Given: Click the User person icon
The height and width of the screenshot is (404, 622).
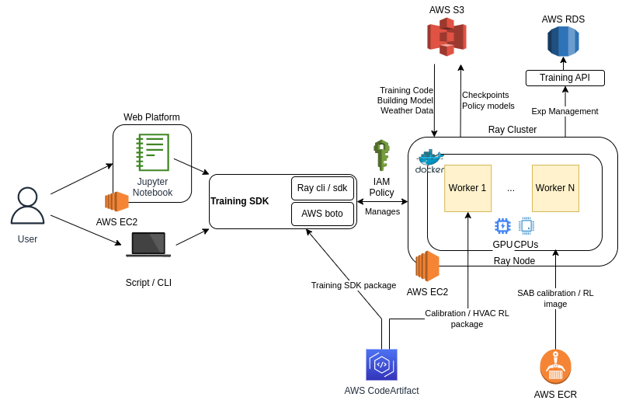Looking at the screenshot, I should pos(27,205).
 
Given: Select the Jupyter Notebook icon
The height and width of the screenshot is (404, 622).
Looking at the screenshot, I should pos(152,152).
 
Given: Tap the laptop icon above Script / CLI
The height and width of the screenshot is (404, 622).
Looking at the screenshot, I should pos(148,244).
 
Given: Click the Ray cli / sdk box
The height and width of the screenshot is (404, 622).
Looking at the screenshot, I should pos(322,188).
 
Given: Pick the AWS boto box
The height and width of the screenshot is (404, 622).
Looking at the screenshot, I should pos(322,214).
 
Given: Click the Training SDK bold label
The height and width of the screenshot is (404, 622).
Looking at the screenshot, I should pos(240,201).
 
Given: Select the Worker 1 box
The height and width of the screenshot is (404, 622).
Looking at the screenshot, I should pos(467,188).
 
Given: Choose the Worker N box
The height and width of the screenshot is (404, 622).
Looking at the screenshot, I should pos(555,188).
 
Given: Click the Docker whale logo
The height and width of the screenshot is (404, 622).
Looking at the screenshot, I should pos(430,159).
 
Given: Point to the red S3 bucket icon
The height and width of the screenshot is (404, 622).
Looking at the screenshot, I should pos(447,37).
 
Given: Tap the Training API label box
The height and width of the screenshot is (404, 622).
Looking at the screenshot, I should pos(565,78).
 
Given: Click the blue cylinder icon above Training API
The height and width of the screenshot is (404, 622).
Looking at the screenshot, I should pos(563,42).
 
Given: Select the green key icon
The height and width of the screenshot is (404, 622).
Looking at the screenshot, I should pos(381,154).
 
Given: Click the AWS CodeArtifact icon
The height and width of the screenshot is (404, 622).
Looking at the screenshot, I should pos(381,364).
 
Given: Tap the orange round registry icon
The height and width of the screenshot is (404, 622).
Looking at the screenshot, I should pos(555,367).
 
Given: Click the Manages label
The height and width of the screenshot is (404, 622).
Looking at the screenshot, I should pos(382,211).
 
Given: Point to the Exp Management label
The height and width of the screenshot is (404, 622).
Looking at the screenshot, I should pos(565,111).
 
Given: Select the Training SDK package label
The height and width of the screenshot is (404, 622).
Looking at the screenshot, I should pos(353,285).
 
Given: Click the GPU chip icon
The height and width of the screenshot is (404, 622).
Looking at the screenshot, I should pos(502,226).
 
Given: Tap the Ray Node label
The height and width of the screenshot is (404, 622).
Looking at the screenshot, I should pos(514,261).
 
